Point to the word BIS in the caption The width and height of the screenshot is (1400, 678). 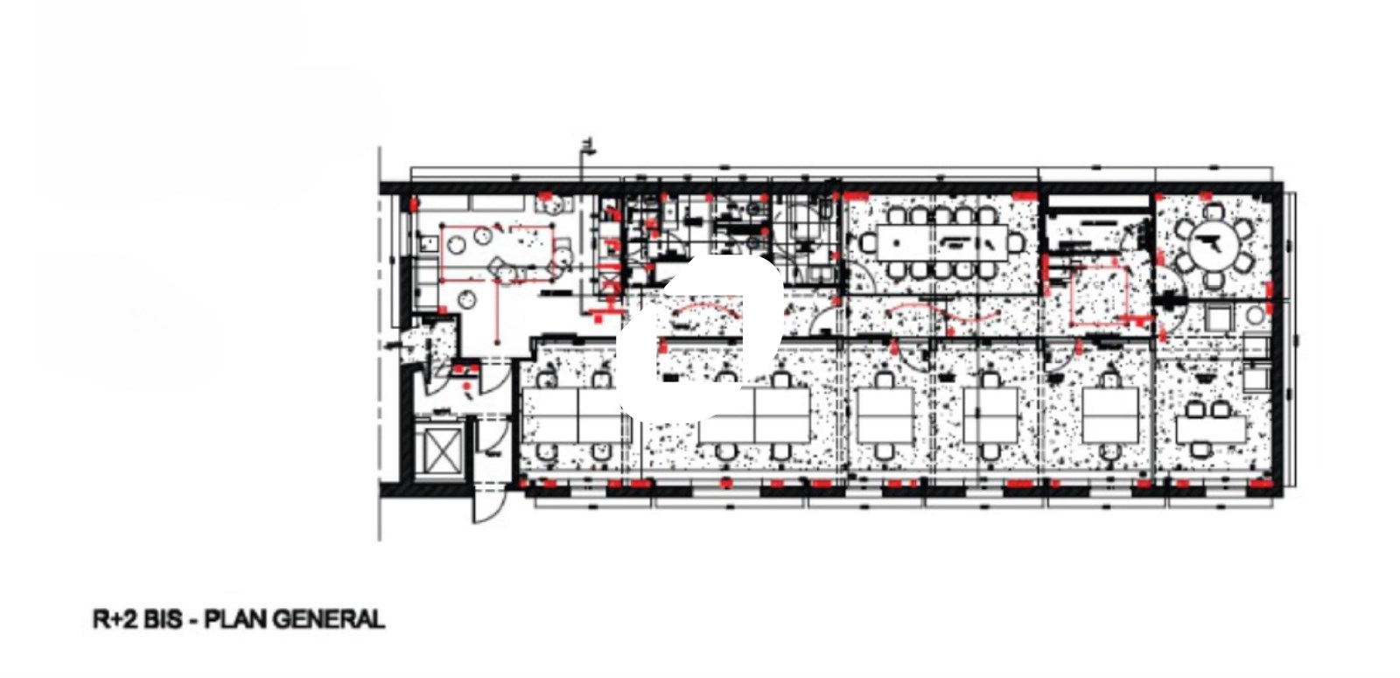tap(164, 619)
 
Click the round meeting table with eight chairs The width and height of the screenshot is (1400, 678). tap(1214, 245)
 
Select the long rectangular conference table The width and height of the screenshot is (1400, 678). tap(941, 241)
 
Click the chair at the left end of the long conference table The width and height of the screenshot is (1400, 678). tap(868, 242)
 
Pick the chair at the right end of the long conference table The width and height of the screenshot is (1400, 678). tap(1016, 242)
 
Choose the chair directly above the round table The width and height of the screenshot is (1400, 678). tap(1214, 212)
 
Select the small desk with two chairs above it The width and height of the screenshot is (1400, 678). tap(1211, 430)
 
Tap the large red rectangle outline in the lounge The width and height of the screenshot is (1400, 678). tap(498, 254)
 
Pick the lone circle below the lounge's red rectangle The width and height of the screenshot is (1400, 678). tap(466, 300)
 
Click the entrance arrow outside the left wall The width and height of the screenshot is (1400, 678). tap(392, 345)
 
